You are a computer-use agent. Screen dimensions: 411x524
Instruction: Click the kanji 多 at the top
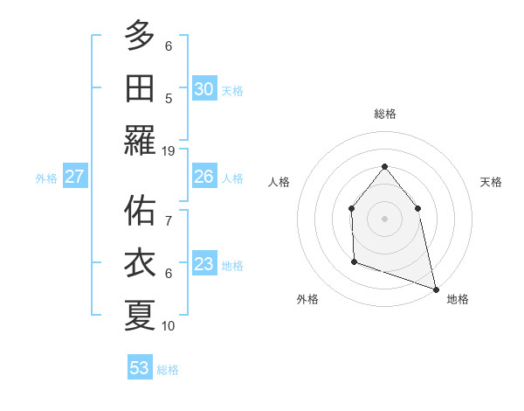coord(140,36)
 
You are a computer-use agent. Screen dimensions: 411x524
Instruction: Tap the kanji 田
coord(140,88)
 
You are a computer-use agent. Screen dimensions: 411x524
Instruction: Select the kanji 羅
coord(140,141)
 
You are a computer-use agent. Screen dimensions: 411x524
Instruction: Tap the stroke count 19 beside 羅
coord(169,150)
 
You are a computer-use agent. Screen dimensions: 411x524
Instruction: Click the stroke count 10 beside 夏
coord(169,325)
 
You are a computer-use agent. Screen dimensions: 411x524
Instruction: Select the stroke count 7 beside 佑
coord(169,211)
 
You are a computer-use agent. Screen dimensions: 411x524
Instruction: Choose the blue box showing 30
coord(203,89)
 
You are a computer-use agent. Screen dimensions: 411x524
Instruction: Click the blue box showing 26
coord(203,177)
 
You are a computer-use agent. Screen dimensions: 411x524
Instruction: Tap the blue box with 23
coord(203,264)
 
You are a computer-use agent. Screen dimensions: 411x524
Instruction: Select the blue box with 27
coord(74,177)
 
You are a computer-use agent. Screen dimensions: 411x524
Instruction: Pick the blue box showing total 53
coord(139,368)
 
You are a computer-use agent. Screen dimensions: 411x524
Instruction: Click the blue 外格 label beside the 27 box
coord(46,178)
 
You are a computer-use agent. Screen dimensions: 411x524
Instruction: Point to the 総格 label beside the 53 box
coord(168,370)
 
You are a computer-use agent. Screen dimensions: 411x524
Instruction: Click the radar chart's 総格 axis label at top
coord(384,114)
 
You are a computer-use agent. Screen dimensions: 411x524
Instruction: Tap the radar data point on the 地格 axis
coord(435,289)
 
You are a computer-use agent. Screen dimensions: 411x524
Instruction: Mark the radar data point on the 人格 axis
coord(351,208)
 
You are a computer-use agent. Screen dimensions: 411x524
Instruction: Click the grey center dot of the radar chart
coord(384,218)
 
